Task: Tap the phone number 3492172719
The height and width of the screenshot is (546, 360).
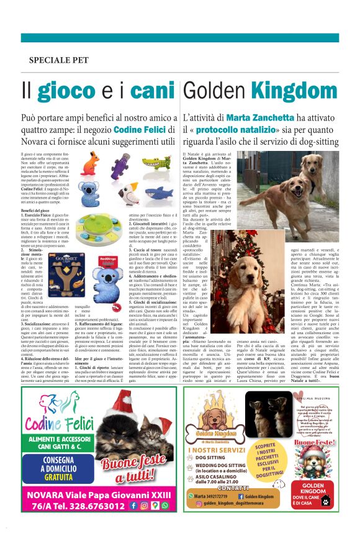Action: tap(213, 496)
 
